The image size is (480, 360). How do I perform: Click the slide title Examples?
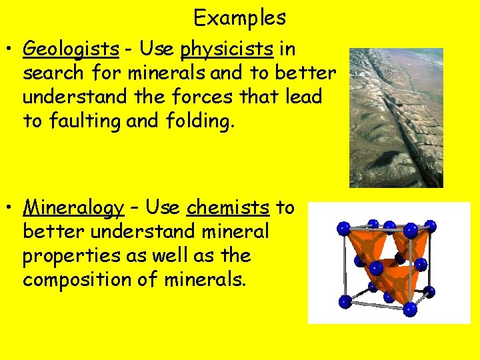(x=239, y=17)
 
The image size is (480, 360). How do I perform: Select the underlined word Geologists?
(x=71, y=49)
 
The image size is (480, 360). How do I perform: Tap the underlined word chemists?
(x=228, y=208)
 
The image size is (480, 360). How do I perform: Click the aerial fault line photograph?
(x=396, y=117)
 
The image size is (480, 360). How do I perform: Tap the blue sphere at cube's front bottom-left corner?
(x=345, y=301)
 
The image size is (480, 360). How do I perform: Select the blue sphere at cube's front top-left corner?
(x=344, y=229)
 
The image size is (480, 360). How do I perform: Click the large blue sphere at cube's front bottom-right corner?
(x=409, y=309)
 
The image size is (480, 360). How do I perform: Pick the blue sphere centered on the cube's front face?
(x=377, y=269)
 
